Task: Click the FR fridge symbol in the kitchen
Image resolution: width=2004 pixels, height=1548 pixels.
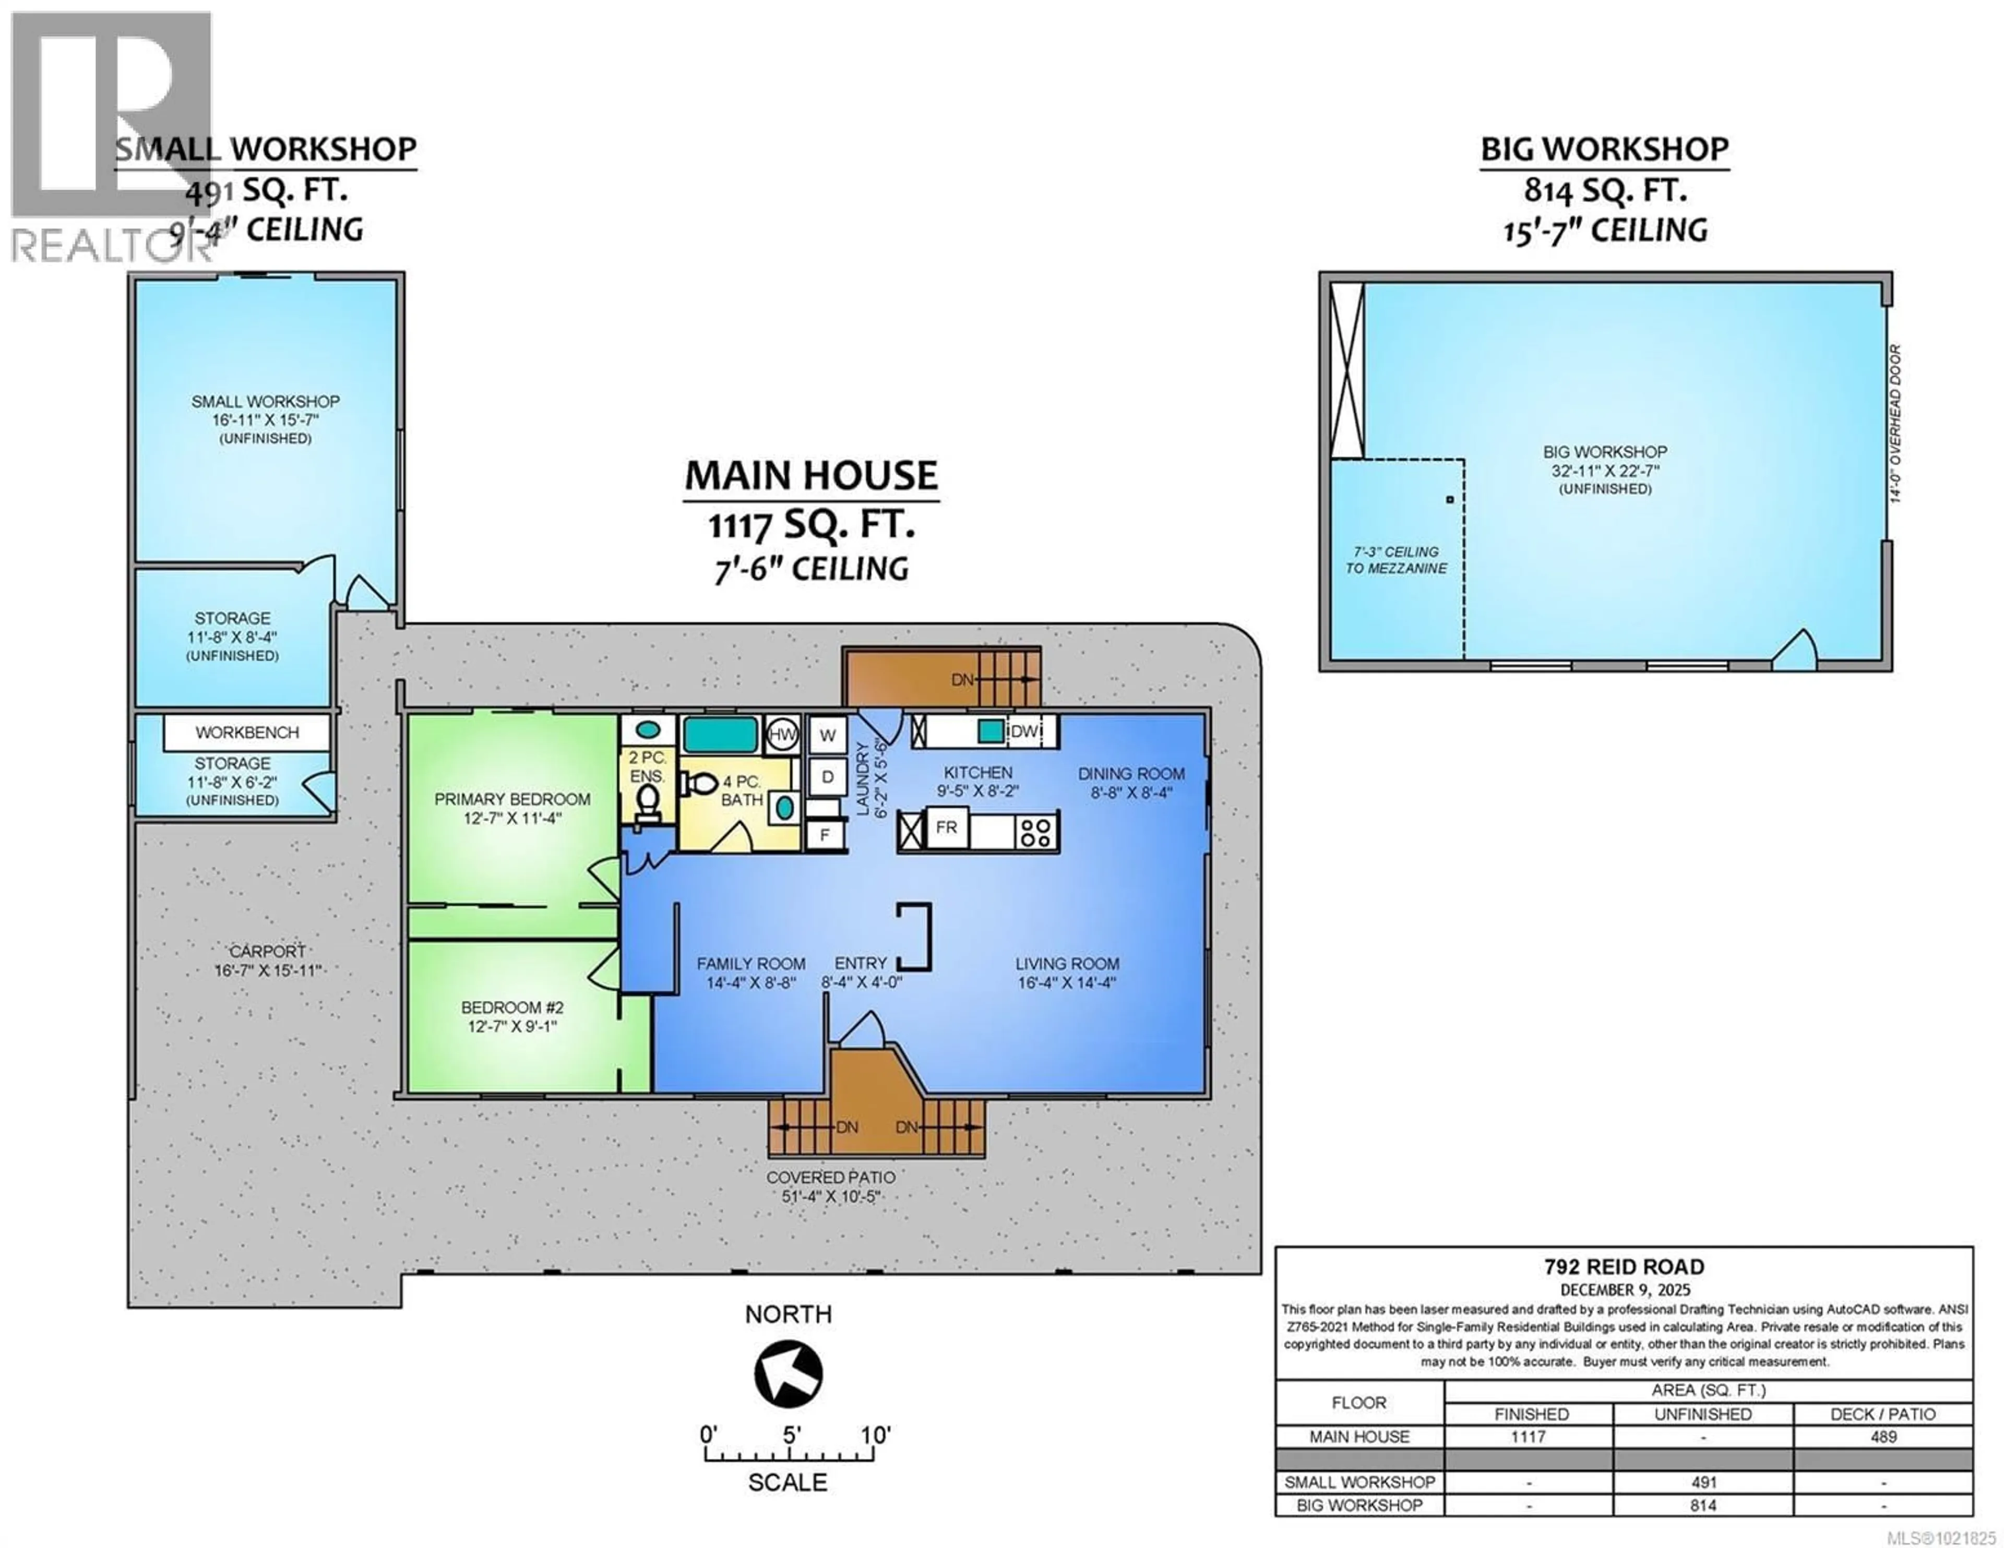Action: pyautogui.click(x=946, y=827)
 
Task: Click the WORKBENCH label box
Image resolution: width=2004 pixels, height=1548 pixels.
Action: pyautogui.click(x=247, y=732)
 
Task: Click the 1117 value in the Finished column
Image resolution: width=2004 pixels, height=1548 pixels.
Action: pyautogui.click(x=1529, y=1436)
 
